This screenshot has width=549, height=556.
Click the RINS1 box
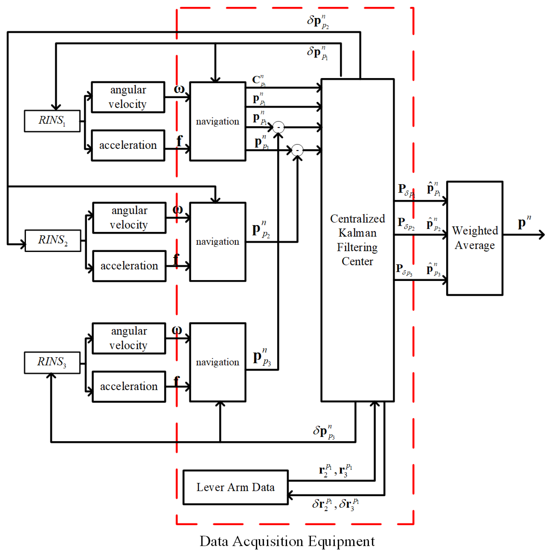tap(52, 121)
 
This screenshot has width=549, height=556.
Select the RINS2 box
tap(53, 240)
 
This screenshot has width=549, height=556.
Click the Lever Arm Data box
tap(235, 487)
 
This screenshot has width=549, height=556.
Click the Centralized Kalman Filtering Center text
tap(357, 239)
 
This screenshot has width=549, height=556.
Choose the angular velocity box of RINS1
tap(128, 97)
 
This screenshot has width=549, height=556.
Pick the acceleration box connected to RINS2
tap(129, 266)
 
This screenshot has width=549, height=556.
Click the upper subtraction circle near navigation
tap(278, 127)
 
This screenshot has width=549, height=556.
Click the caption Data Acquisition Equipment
tap(287, 541)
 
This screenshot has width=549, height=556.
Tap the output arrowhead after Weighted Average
tap(542, 235)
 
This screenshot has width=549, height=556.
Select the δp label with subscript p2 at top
tap(317, 21)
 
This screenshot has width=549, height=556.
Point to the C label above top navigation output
tap(258, 80)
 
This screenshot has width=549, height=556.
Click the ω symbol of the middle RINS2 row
tap(177, 209)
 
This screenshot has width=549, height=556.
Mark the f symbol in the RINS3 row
tap(177, 381)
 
